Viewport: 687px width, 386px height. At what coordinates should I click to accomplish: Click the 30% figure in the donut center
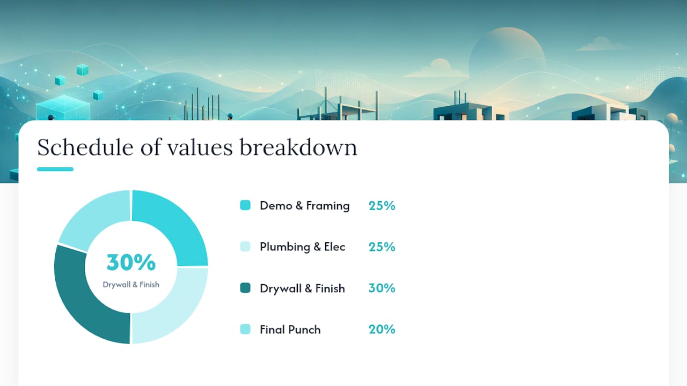coord(131,263)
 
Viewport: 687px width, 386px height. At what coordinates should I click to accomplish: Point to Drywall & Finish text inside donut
coord(131,285)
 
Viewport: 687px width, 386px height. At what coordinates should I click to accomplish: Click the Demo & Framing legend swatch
coord(245,205)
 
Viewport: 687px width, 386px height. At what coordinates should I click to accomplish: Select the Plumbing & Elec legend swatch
coord(245,246)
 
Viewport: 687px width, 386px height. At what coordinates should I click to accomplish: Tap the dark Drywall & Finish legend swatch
coord(245,288)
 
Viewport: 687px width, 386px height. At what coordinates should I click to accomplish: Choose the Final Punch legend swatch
coord(245,329)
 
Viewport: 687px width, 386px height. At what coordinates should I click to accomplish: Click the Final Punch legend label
coord(290,330)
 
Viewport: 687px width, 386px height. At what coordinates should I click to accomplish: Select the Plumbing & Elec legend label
coord(302,247)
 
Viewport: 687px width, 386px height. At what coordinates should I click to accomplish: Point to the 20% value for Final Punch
coord(382,329)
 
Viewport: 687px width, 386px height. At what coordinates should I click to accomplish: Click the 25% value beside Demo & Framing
coord(382,205)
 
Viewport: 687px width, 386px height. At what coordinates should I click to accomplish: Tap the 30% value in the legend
coord(382,288)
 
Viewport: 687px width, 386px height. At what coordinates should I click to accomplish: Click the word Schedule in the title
coord(85,147)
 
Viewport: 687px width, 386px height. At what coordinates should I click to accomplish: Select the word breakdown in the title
coord(298,147)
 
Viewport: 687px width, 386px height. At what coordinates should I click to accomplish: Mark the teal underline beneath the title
coord(55,169)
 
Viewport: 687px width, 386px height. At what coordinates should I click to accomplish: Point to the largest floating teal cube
coord(63,108)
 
